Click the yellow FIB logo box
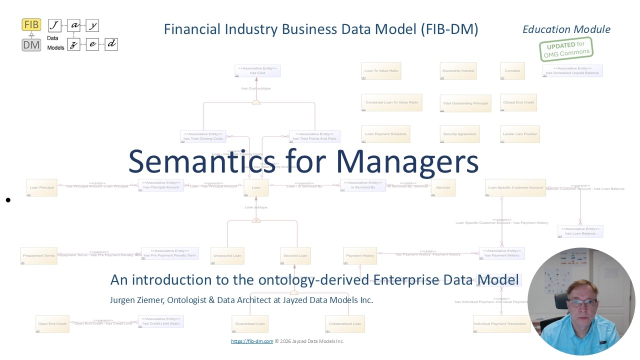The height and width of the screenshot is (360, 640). point(31,24)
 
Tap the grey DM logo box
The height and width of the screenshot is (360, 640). point(31,44)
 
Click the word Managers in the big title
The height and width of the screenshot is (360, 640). point(407,161)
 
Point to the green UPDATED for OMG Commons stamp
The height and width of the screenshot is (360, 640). point(565,49)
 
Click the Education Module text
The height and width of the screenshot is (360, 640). point(566,29)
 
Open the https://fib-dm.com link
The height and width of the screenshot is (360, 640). point(252,341)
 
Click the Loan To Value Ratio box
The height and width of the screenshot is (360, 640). point(381,71)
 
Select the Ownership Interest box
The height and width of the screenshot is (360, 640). point(458,71)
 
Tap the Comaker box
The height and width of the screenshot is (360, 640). point(512,71)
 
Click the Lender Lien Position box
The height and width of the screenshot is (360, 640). point(520,134)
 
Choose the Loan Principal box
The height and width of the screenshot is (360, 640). point(41,187)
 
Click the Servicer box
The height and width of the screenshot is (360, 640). point(443,187)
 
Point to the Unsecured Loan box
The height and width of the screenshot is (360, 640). point(227,255)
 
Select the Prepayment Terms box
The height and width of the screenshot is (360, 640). point(38,255)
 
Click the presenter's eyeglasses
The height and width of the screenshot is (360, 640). point(582,302)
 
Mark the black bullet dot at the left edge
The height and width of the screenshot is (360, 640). point(8,200)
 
